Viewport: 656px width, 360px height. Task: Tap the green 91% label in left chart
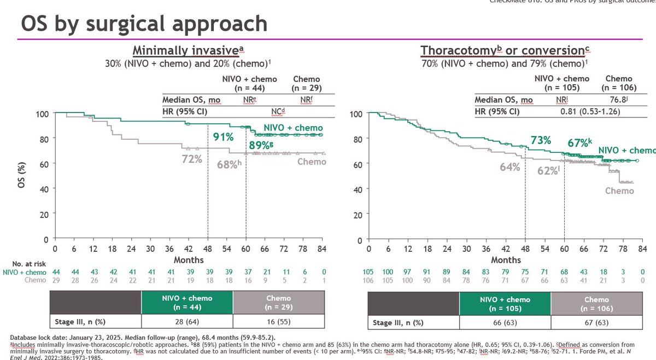224,137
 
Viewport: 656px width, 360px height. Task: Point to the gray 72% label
192,159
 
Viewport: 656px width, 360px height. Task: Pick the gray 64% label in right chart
509,167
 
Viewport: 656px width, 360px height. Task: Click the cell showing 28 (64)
187,321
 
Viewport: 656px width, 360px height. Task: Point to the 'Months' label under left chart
189,259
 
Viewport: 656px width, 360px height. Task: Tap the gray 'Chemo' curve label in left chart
312,162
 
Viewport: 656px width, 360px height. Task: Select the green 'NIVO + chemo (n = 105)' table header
505,303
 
